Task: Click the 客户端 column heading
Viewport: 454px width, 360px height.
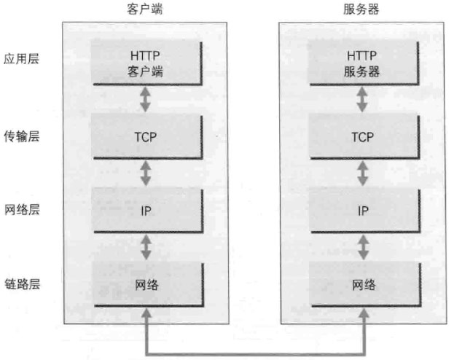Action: [x=146, y=9]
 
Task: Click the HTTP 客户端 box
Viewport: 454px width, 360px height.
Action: [x=146, y=63]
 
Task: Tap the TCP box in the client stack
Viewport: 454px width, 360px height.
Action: [x=146, y=136]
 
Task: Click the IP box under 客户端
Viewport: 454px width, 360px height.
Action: [x=146, y=210]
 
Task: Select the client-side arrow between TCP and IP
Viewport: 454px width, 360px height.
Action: [x=146, y=173]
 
